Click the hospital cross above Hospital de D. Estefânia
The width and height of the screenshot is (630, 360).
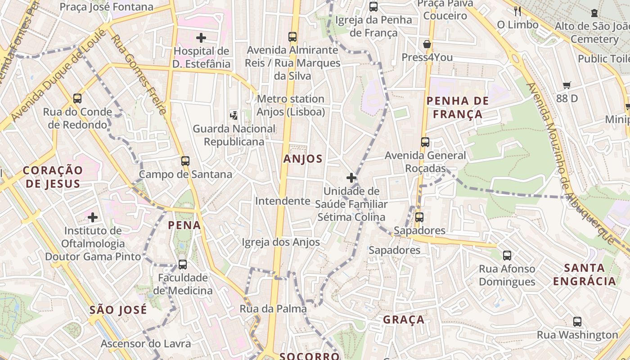click(x=201, y=38)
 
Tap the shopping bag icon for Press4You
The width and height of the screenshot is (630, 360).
click(x=427, y=44)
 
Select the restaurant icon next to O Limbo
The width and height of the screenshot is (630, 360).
click(x=517, y=11)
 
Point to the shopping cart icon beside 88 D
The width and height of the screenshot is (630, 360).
click(x=567, y=85)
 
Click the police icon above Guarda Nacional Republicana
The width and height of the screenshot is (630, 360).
click(x=234, y=115)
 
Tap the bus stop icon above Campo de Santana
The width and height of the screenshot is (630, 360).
click(x=185, y=161)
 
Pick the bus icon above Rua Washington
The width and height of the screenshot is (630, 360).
click(x=577, y=322)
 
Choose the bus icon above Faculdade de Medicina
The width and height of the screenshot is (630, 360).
click(x=182, y=264)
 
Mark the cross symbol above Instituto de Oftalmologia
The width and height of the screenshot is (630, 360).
click(x=93, y=217)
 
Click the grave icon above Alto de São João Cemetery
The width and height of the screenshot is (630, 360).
click(x=594, y=13)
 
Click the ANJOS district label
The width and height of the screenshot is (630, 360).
click(x=303, y=158)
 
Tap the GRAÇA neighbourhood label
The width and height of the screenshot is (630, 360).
click(x=404, y=319)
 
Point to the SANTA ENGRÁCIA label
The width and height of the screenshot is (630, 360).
click(x=584, y=274)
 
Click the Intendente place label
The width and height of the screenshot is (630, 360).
click(x=283, y=201)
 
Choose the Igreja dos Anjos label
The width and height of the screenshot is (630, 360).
click(x=281, y=242)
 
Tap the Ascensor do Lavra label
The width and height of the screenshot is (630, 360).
click(x=146, y=344)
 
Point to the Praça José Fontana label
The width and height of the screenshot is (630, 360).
click(x=106, y=7)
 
